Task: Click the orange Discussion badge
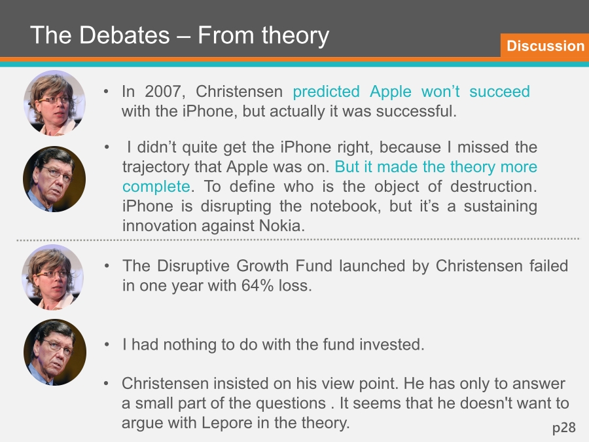(544, 45)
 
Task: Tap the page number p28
(564, 428)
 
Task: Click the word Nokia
(281, 225)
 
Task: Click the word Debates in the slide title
(124, 35)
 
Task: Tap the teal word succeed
(499, 92)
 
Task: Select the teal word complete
(156, 187)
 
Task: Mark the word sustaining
(500, 206)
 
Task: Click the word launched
(372, 266)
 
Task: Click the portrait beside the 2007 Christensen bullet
(55, 103)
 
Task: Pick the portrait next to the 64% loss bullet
(53, 278)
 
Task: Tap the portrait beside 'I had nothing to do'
(55, 352)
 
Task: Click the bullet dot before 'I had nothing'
(107, 344)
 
